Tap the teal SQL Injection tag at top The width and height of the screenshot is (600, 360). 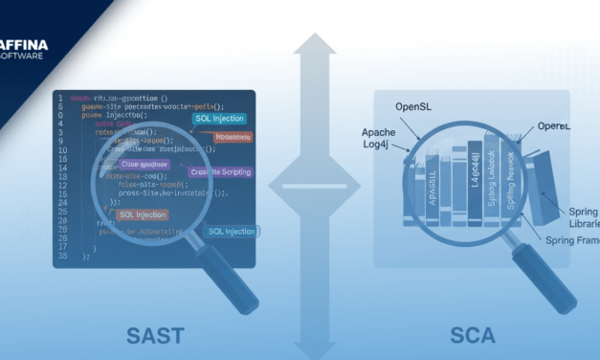[218, 119]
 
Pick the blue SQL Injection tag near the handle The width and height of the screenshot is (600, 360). [231, 231]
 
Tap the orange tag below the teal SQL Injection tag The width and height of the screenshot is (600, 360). [234, 137]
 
